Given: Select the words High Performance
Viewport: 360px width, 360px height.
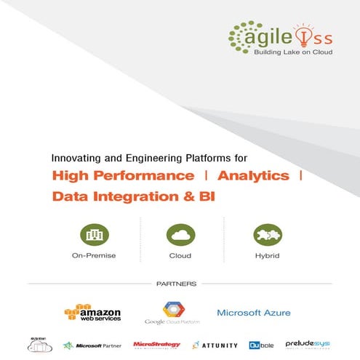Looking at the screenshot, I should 123,176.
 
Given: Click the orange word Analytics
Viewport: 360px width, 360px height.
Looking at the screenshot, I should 253,176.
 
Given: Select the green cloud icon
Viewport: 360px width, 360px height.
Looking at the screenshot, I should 180,235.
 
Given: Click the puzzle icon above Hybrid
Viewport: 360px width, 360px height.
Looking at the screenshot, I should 266,235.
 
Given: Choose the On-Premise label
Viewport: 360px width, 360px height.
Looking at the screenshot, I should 94,256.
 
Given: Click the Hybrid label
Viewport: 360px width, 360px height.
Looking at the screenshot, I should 266,256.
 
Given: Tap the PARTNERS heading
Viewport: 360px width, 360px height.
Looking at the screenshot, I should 180,284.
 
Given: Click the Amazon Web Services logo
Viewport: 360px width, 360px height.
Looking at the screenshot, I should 93,311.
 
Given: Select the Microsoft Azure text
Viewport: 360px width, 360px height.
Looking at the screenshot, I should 254,313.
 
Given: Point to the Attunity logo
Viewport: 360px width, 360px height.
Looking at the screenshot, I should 215,345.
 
